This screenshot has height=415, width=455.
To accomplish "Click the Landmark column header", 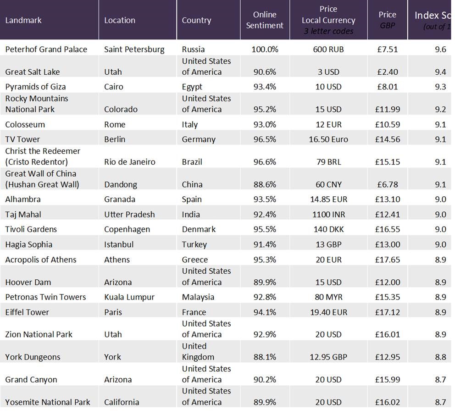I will tap(23, 20).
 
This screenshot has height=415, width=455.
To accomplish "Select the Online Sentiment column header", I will tap(265, 20).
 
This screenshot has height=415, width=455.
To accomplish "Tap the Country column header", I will tap(196, 20).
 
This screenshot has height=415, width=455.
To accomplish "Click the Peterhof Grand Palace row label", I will tap(46, 49).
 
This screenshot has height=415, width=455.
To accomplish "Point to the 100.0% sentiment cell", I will tap(265, 49).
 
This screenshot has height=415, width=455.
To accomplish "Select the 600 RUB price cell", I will tap(328, 49).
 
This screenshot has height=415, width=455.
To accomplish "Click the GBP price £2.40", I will tap(387, 72).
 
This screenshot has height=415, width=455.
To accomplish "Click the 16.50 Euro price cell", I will tap(328, 139).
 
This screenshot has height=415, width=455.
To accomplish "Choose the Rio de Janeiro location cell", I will tap(130, 162).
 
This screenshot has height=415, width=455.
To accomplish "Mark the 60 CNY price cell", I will tap(328, 184).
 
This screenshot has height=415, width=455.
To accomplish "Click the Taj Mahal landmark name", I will tap(23, 214).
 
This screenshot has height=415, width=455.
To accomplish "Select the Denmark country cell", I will tap(199, 229).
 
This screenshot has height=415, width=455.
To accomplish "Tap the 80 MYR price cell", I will tap(328, 297).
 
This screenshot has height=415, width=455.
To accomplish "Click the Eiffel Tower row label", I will tap(27, 312).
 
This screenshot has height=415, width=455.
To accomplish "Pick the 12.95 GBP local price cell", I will tap(328, 357).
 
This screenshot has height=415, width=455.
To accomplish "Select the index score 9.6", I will tap(440, 49).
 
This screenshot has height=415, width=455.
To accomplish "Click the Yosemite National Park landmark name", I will tap(48, 402).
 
